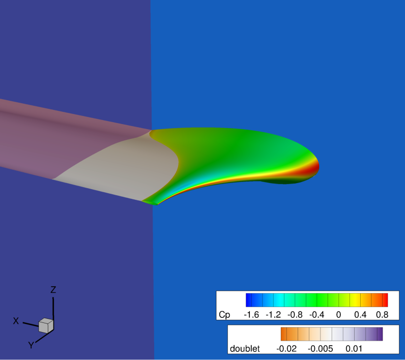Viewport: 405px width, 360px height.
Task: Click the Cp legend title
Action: pyautogui.click(x=224, y=315)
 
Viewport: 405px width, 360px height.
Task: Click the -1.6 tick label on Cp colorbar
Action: pyautogui.click(x=251, y=315)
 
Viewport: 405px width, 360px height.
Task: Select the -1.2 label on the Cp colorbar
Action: pyautogui.click(x=273, y=315)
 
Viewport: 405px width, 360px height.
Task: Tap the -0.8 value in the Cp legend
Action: pyautogui.click(x=295, y=315)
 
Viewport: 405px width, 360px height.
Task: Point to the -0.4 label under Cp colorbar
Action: pyautogui.click(x=317, y=315)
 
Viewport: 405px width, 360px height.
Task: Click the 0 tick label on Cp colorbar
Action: pyautogui.click(x=339, y=315)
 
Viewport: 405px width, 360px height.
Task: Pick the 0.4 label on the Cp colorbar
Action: pyautogui.click(x=360, y=315)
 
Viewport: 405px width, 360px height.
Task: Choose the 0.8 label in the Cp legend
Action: pyautogui.click(x=382, y=315)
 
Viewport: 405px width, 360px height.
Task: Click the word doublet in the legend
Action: pyautogui.click(x=245, y=349)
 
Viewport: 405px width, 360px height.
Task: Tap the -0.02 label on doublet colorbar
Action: pyautogui.click(x=286, y=349)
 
